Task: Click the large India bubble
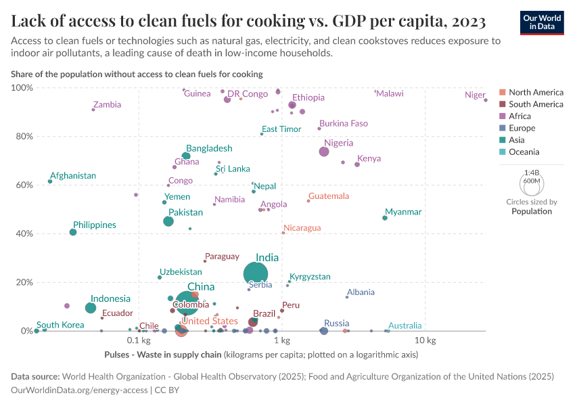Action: click(256, 273)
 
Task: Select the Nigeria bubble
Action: click(324, 152)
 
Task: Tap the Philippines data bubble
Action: click(73, 232)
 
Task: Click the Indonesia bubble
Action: click(91, 308)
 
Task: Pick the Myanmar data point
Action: click(385, 218)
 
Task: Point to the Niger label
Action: click(475, 95)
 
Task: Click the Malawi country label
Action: click(390, 93)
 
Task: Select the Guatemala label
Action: click(328, 196)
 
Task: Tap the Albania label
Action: click(361, 292)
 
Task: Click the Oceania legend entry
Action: click(524, 152)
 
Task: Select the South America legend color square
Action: click(502, 104)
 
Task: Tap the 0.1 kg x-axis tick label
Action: click(138, 340)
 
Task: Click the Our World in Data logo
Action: click(543, 22)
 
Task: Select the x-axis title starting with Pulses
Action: click(260, 355)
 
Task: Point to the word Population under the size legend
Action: click(531, 211)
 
